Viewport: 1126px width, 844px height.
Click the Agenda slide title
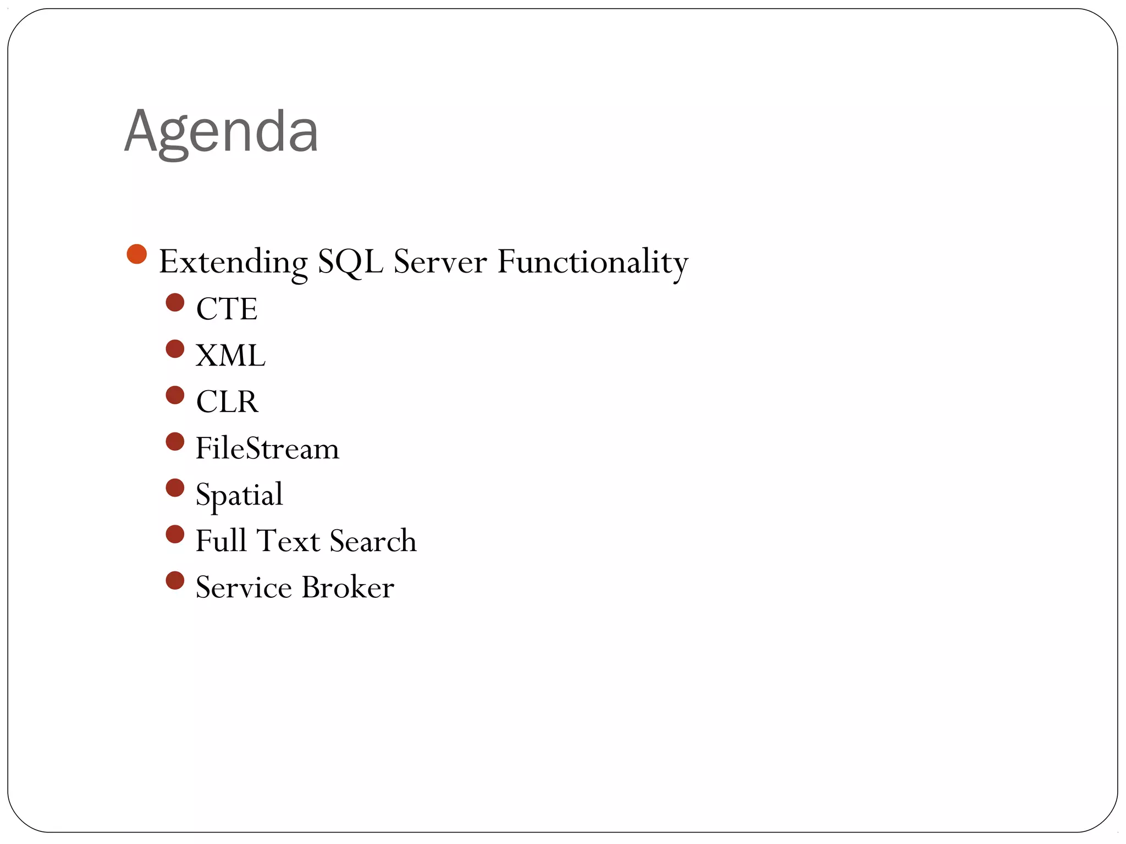click(221, 132)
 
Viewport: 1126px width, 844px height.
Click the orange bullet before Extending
click(136, 254)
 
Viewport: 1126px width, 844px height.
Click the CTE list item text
click(227, 309)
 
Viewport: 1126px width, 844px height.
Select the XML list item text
click(230, 356)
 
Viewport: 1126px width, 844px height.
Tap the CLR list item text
click(227, 402)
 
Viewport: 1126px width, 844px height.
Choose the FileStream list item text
click(267, 448)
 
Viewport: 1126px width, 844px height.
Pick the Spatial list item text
click(239, 495)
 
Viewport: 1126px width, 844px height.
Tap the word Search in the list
click(373, 541)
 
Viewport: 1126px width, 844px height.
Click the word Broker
click(347, 587)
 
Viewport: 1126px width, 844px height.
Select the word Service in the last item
click(244, 587)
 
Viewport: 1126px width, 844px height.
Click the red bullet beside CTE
click(175, 303)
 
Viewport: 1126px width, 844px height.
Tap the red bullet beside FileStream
click(175, 442)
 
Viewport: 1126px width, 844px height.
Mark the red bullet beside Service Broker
click(175, 581)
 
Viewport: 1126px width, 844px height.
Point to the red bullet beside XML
click(175, 349)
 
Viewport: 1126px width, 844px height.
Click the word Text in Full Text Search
click(288, 541)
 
